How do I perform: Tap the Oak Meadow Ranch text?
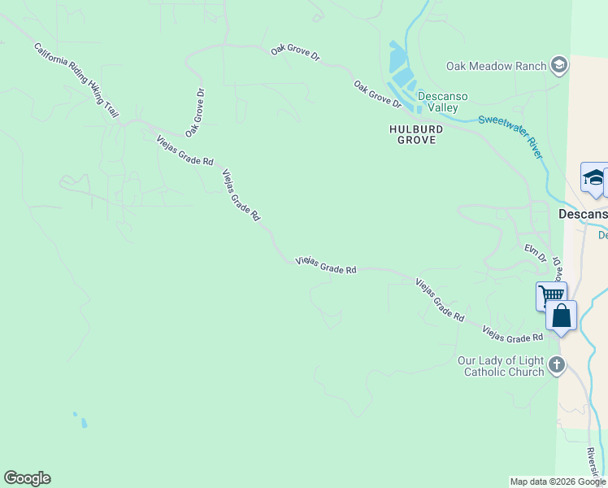[496, 66]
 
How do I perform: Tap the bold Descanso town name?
[582, 214]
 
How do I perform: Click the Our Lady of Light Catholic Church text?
[501, 366]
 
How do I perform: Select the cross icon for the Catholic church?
[557, 364]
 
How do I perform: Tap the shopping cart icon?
[551, 294]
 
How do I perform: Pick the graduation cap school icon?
[595, 178]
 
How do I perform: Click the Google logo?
[27, 478]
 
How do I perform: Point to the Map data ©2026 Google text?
[558, 481]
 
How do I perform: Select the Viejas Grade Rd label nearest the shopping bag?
[512, 333]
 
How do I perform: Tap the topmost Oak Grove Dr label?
[296, 56]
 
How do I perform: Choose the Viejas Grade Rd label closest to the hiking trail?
[185, 150]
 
